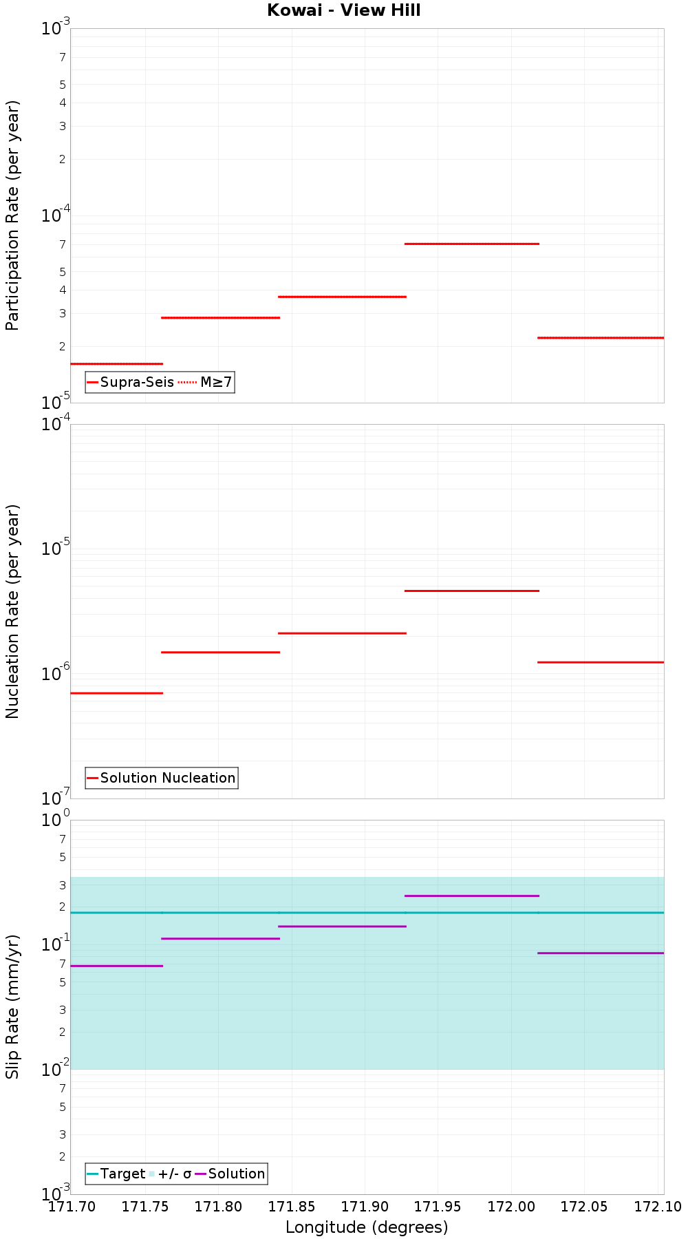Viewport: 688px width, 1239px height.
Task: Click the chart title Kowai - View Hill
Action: pos(343,10)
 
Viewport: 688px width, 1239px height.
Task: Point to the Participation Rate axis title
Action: pos(12,215)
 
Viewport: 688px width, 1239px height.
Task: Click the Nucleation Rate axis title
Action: pos(12,611)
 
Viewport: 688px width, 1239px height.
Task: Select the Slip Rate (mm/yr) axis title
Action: pos(12,1006)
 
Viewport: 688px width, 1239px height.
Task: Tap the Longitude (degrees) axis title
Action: pos(367,1227)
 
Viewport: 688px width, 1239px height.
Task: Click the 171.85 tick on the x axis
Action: pos(292,1206)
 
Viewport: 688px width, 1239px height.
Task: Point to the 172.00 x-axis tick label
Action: pos(510,1206)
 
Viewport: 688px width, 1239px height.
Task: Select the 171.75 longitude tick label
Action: pos(145,1206)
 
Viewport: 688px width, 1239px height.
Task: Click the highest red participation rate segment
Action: pos(472,244)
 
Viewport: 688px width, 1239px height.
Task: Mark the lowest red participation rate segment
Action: pos(116,363)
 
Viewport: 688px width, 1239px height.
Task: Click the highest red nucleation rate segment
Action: pos(472,591)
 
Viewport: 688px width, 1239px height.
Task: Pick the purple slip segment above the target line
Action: pos(472,896)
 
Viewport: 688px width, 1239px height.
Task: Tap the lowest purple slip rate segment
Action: pos(116,966)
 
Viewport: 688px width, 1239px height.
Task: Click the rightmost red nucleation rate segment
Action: pos(600,662)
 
